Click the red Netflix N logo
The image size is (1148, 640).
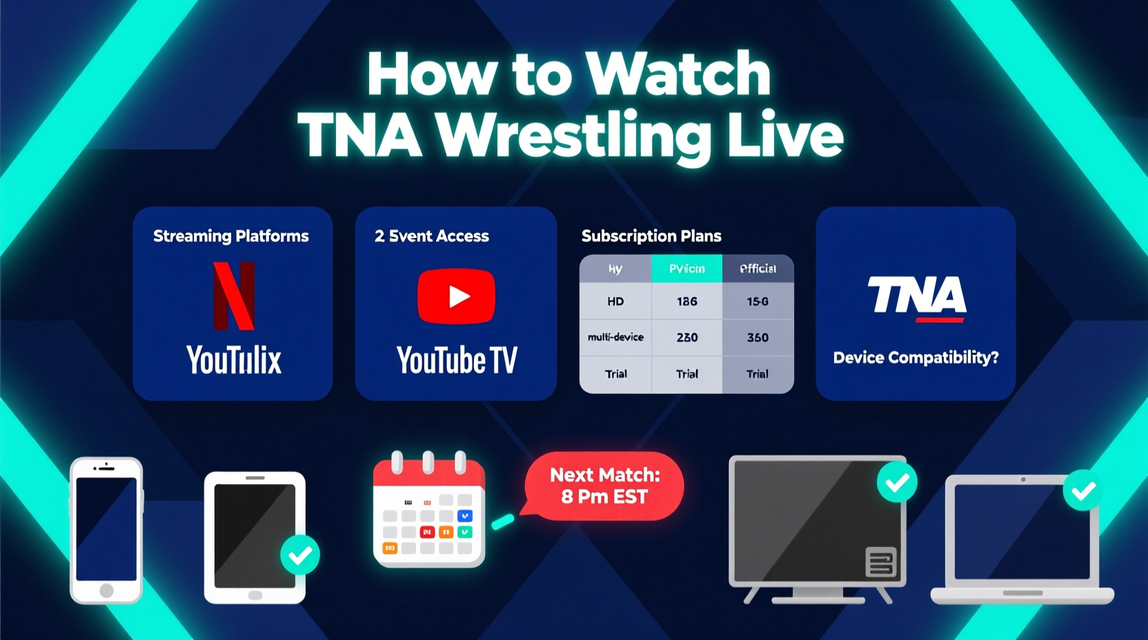234,296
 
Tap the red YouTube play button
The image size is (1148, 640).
456,297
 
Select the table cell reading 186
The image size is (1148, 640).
686,301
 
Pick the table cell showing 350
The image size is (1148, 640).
758,337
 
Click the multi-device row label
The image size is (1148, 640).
615,337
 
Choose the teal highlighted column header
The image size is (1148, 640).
686,269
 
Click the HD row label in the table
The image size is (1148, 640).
615,301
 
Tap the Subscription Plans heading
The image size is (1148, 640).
651,236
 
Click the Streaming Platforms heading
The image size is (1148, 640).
231,236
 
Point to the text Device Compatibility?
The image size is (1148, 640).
916,357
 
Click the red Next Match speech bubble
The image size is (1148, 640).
604,486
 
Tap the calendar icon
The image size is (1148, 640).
428,514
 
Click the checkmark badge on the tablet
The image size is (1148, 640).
300,554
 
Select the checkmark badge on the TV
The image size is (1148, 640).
897,482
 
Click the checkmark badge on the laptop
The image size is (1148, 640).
1082,490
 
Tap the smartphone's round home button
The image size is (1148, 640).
106,590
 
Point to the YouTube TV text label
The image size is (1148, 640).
457,360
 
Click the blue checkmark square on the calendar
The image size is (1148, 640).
465,516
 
